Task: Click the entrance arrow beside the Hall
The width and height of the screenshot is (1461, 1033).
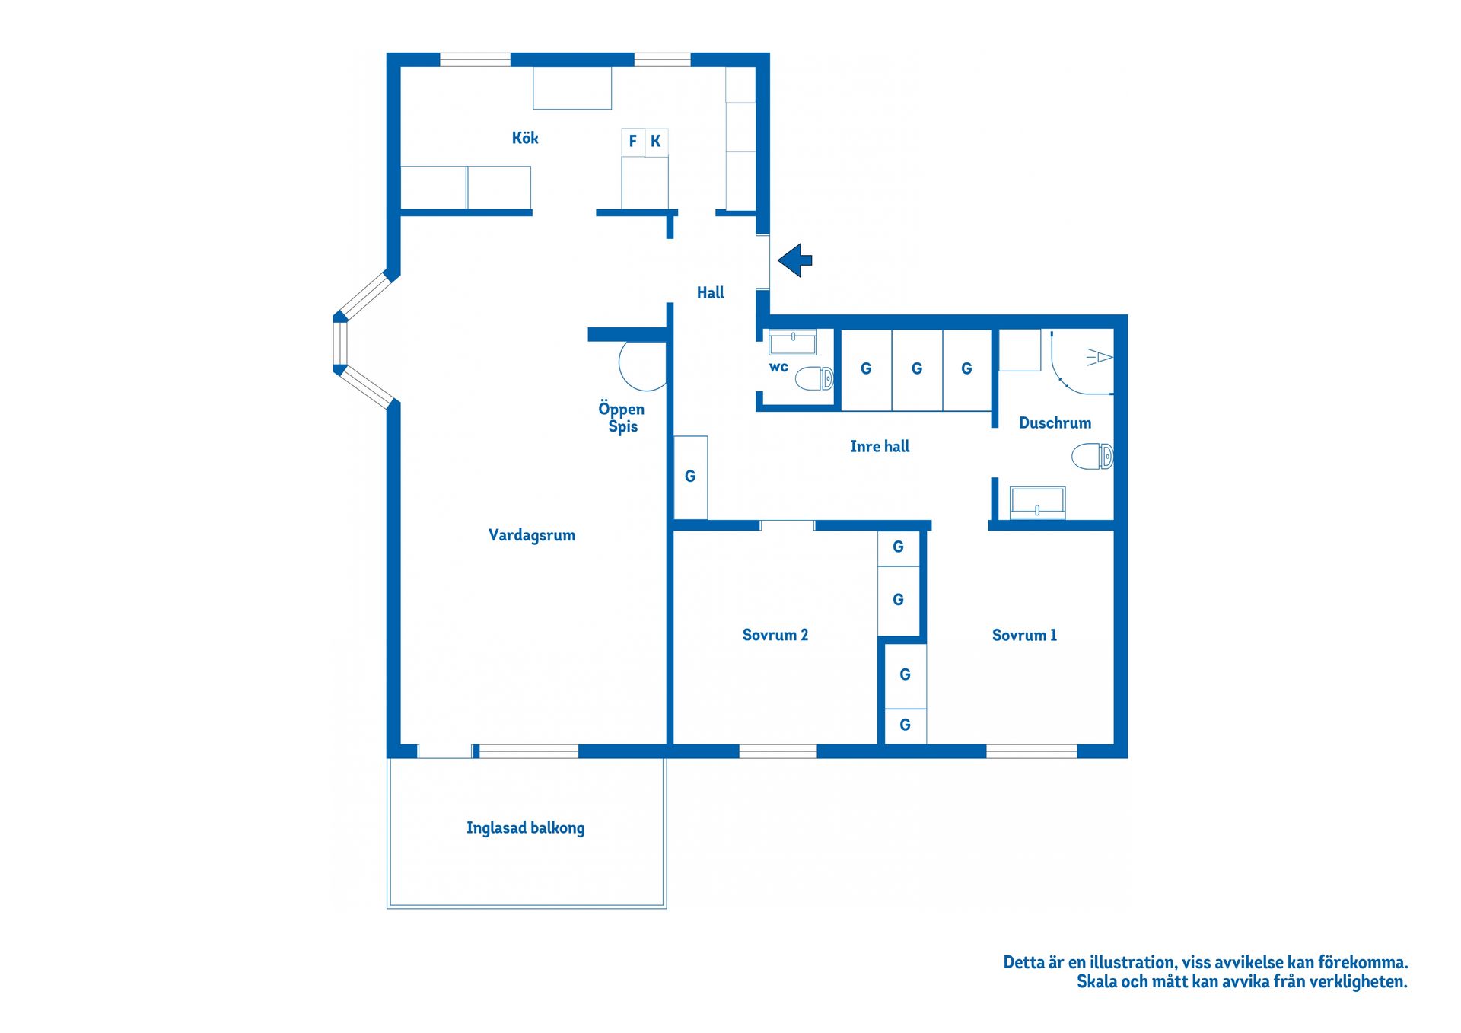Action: pos(794,260)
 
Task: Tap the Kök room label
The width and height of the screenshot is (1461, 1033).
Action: pos(524,138)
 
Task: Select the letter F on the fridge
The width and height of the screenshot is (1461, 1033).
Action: pos(632,141)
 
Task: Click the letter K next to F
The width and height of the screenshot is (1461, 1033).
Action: pos(655,141)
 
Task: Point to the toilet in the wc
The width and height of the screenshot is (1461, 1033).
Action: pos(815,378)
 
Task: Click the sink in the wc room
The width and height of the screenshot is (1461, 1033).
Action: pos(793,342)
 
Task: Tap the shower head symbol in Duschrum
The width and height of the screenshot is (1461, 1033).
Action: pos(1100,357)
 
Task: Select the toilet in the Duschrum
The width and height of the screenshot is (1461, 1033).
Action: pos(1093,457)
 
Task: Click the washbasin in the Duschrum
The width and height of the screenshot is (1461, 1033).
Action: pos(1037,502)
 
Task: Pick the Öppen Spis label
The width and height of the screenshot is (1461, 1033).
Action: pos(622,417)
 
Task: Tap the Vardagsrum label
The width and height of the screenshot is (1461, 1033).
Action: pos(531,535)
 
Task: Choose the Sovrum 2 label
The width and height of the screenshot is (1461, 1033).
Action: pos(775,635)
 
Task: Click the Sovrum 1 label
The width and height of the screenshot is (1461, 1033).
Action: pos(1024,635)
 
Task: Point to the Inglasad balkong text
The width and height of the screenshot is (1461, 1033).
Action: pos(525,827)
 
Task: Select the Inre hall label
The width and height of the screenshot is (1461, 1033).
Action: pos(880,447)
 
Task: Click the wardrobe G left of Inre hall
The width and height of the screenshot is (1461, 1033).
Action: pos(690,477)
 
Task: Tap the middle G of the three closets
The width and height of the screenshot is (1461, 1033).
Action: pos(917,369)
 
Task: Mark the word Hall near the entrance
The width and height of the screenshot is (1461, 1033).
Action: pos(710,292)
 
